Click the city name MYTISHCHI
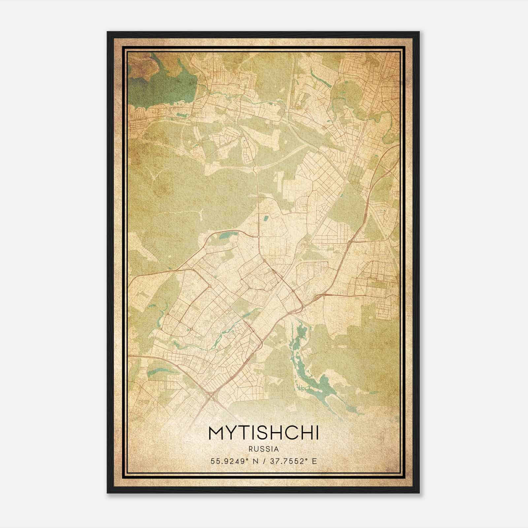coord(264,434)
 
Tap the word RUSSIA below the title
coord(264,449)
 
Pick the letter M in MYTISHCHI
coord(216,434)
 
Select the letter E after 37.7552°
coord(314,461)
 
